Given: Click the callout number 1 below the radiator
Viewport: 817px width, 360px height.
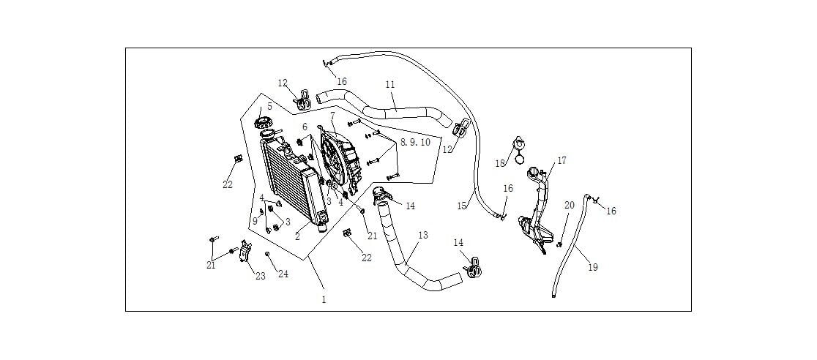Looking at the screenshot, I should pos(324,299).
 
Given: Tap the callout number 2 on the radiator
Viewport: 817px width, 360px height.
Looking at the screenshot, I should pos(298,236).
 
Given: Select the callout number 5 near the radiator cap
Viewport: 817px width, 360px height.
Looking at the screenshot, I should pos(269,107).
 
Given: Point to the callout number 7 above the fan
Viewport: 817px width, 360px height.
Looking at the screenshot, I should pos(332,116).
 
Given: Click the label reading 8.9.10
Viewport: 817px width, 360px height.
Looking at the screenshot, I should pos(415,142).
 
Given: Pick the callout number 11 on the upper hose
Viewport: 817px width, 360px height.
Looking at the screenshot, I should pos(390,86).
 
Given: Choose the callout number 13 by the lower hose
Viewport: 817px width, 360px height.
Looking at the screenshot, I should pos(422,236).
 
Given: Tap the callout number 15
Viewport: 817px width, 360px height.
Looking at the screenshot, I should pos(462,206).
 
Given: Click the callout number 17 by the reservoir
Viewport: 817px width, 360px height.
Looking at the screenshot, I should pos(562,160).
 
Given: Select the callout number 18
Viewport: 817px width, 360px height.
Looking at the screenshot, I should pos(501,163).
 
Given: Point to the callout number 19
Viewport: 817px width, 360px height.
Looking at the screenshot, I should pos(593,267).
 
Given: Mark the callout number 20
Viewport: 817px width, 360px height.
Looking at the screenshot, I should pos(569,206).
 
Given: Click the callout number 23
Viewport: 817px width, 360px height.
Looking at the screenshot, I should pos(259,276).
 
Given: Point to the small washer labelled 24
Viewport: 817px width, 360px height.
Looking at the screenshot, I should pos(267,254).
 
